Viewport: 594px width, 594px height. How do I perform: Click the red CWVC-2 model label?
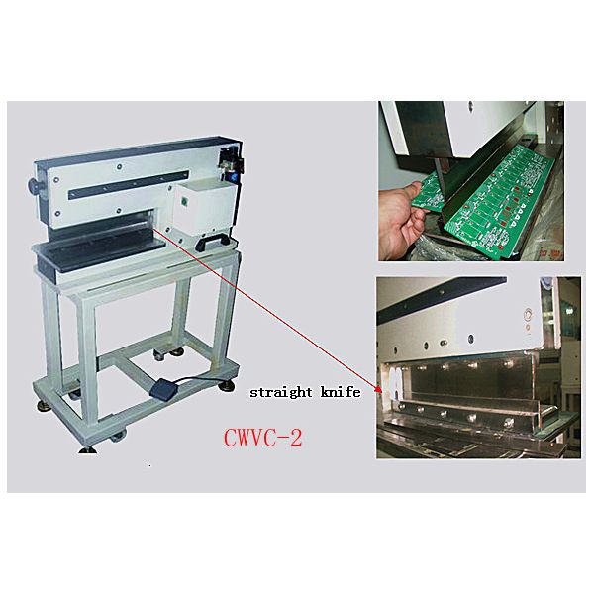[263, 438]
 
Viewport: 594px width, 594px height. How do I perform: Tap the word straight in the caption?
[281, 392]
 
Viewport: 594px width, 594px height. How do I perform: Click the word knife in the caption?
[341, 392]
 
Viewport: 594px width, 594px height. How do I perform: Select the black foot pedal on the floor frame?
[164, 387]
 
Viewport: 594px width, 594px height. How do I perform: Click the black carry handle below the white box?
[212, 243]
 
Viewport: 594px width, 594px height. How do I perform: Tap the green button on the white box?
[185, 202]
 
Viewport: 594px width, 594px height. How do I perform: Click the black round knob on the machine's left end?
[35, 186]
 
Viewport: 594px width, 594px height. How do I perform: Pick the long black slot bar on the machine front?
[129, 184]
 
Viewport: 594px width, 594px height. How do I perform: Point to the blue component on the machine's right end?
[230, 178]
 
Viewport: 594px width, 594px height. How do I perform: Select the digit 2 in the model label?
[296, 439]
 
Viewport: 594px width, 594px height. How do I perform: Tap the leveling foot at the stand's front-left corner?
[88, 449]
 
